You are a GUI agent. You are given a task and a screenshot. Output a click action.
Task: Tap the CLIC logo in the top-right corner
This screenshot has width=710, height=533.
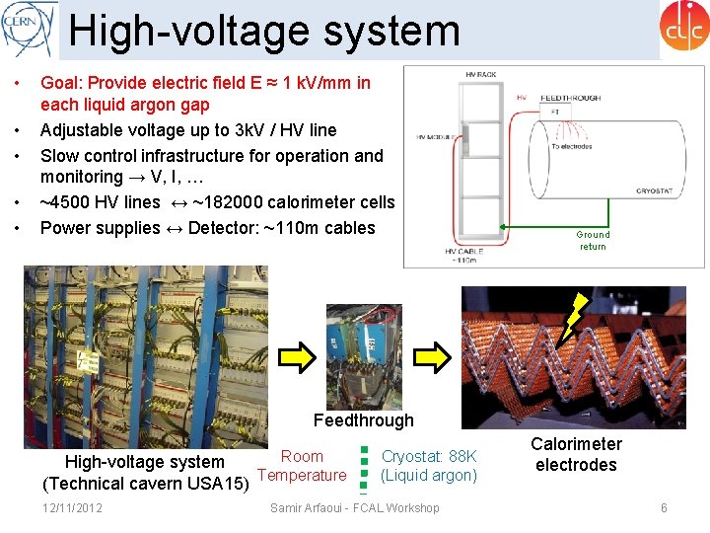click(684, 27)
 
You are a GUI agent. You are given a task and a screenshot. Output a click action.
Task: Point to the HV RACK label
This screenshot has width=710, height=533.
click(481, 76)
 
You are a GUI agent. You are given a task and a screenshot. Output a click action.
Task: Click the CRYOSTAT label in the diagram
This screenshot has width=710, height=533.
click(654, 191)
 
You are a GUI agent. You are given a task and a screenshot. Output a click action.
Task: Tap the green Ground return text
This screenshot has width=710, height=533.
click(593, 240)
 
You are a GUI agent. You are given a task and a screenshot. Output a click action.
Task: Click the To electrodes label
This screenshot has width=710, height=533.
click(573, 145)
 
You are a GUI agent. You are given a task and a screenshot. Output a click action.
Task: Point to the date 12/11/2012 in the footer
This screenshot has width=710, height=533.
click(72, 507)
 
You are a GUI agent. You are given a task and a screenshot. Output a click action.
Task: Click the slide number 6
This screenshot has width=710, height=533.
click(664, 507)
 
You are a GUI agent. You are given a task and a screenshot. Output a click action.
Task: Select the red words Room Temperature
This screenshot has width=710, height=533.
click(302, 466)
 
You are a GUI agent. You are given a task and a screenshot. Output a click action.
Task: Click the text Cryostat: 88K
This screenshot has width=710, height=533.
click(429, 456)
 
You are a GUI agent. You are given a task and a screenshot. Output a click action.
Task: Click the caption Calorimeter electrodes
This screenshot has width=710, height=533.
click(576, 455)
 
